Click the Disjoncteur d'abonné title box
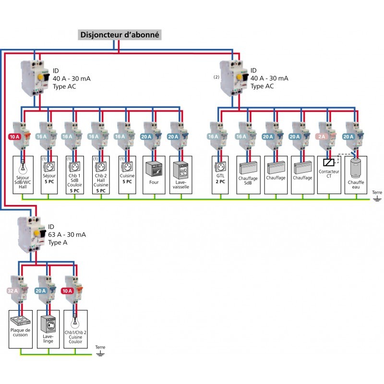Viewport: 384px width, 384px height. pos(120,35)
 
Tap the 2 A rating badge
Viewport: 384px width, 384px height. pos(322,136)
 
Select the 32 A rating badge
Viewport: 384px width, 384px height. pos(13,291)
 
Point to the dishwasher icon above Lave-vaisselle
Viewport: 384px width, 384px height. pos(181,170)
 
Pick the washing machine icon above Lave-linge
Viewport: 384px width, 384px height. pos(48,324)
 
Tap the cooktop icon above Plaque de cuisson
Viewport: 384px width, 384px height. pos(21,321)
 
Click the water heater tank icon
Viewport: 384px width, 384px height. pos(355,168)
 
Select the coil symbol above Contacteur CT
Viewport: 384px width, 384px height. pos(328,162)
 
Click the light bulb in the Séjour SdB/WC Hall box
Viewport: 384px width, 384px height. pos(23,167)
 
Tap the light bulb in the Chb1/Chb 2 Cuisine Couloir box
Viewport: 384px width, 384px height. pos(75,322)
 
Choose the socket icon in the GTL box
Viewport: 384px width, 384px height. pos(220,167)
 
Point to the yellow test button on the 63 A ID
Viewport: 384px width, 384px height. pos(37,233)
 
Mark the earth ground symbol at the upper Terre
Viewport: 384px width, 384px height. pos(377,199)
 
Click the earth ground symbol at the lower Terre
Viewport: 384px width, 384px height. pos(100,353)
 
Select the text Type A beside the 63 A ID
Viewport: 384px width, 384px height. pos(58,242)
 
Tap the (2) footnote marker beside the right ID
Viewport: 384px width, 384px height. pos(216,77)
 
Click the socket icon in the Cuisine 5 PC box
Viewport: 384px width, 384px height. pos(127,167)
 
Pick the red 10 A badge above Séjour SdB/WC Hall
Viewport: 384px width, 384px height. pos(14,137)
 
